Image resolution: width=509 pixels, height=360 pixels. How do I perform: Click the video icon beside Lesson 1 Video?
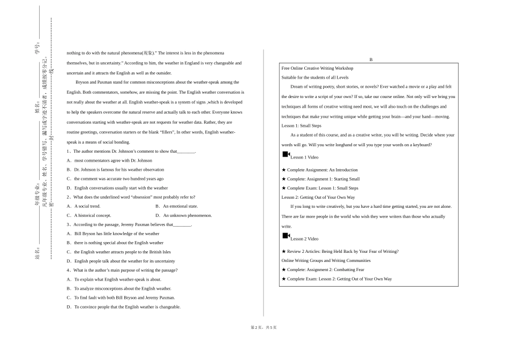click(286, 154)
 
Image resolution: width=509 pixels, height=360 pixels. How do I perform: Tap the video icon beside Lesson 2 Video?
click(286, 236)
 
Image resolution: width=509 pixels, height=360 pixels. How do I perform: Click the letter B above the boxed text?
click(370, 59)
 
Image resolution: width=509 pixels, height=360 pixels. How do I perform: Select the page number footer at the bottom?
click(264, 327)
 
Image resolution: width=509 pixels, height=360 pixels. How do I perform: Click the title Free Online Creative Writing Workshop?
click(317, 68)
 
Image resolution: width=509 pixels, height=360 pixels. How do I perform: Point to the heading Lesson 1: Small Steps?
click(302, 125)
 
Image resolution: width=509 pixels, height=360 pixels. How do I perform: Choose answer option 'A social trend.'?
click(87, 206)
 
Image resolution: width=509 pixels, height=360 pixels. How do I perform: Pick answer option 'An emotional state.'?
click(180, 206)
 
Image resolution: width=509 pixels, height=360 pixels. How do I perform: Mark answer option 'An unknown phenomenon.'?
click(187, 215)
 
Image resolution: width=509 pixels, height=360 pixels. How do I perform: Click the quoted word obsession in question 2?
click(141, 197)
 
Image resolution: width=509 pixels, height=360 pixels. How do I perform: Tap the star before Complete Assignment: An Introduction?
click(284, 170)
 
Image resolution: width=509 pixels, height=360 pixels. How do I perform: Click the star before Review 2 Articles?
click(284, 251)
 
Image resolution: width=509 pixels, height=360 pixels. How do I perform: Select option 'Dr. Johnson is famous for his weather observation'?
click(119, 170)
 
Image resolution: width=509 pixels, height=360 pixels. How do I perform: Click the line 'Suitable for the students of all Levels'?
click(315, 77)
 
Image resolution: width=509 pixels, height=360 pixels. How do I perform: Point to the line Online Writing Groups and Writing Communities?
click(326, 260)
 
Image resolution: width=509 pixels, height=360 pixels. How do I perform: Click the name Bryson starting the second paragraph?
click(83, 82)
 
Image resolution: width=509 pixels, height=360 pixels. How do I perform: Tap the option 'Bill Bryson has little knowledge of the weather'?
click(116, 234)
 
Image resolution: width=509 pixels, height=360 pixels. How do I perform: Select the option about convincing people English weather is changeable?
click(127, 307)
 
